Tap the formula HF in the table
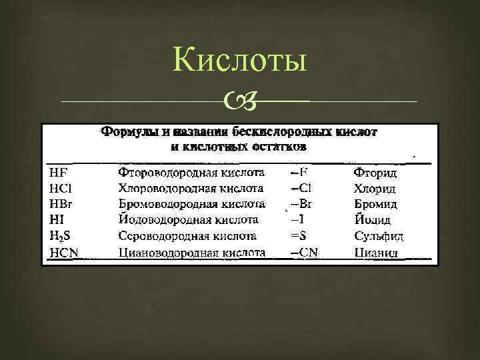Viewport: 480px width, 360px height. [x=57, y=173]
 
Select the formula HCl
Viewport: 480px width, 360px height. [x=59, y=189]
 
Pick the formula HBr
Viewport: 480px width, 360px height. [x=60, y=204]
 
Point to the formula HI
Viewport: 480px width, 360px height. [x=55, y=219]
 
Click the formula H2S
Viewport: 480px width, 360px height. [x=59, y=236]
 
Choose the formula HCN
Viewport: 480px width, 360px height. [x=63, y=252]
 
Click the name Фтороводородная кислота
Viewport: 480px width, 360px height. [x=191, y=173]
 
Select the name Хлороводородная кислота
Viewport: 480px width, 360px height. [x=191, y=189]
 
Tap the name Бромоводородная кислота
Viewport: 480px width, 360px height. [x=192, y=204]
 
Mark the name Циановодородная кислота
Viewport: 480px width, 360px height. [x=192, y=252]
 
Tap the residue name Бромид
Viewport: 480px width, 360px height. [x=376, y=204]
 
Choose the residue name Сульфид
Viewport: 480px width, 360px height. [x=379, y=236]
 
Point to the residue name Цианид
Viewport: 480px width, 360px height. [x=377, y=252]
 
